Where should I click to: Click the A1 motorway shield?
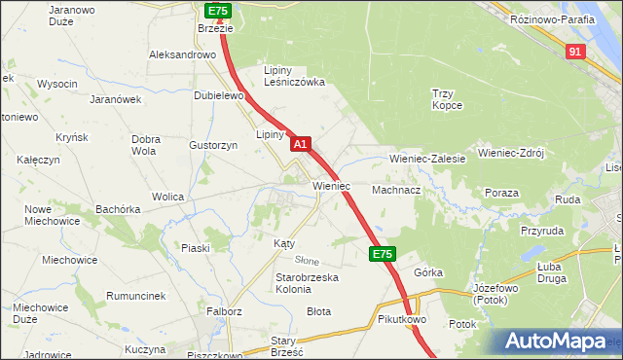(301, 143)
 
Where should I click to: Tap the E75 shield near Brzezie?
(217, 11)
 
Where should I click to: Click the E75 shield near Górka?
(382, 254)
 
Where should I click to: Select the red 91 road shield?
(575, 52)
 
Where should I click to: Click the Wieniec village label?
(331, 185)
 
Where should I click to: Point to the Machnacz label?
(395, 190)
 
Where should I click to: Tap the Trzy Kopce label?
(448, 99)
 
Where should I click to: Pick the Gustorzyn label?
(213, 144)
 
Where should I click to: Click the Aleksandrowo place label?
(181, 55)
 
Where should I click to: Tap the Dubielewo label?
(217, 95)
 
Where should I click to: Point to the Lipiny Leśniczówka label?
(295, 76)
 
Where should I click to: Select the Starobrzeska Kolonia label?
(307, 283)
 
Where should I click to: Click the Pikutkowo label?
(403, 318)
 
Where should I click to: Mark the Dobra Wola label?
(145, 145)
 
